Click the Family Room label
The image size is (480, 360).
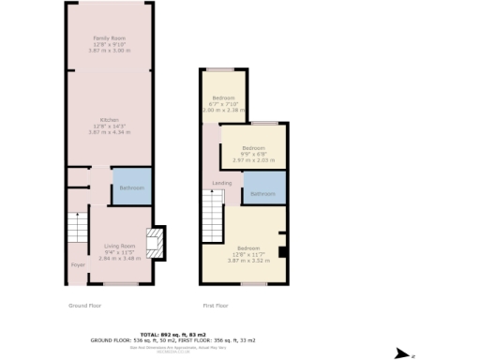109,37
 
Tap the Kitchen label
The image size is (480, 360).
109,119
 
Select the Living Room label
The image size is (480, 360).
120,245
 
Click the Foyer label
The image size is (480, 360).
77,265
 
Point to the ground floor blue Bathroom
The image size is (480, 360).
130,187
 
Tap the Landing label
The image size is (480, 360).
223,183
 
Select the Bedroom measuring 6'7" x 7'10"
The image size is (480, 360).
223,97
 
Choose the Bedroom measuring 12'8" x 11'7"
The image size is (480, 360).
251,248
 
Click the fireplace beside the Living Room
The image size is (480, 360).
157,241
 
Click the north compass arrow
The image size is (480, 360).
404,353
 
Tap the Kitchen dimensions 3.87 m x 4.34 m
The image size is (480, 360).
109,131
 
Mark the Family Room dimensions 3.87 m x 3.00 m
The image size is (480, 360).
109,50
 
